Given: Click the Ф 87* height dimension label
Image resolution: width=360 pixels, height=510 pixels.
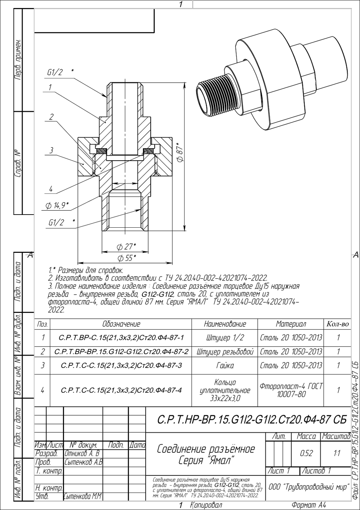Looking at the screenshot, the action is tap(180, 152).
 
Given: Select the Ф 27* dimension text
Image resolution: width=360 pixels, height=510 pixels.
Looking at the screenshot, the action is tap(126, 247).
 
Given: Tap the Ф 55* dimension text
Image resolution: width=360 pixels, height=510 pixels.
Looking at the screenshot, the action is tap(127, 258).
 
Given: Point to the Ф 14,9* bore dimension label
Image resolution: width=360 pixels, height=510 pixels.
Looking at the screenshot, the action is tap(57, 205).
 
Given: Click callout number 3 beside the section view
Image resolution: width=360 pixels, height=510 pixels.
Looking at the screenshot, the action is tap(51, 150).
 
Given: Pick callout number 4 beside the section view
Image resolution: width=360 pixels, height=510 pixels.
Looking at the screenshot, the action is tap(51, 189).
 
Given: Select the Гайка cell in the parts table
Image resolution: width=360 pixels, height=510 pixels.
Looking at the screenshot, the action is tap(225, 365).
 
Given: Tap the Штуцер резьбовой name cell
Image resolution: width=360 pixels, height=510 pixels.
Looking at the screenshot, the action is tap(225, 352).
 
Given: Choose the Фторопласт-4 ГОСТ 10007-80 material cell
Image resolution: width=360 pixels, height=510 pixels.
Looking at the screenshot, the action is tap(291, 390).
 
